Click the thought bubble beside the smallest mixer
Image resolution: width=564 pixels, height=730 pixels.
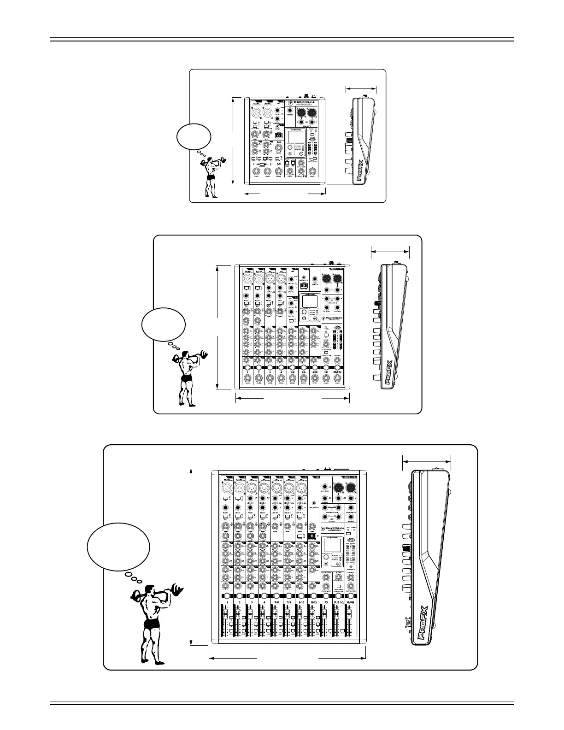coord(194,136)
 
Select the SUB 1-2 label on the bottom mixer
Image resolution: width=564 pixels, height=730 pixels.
coord(338,602)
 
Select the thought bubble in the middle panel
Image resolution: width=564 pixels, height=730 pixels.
coord(164,324)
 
